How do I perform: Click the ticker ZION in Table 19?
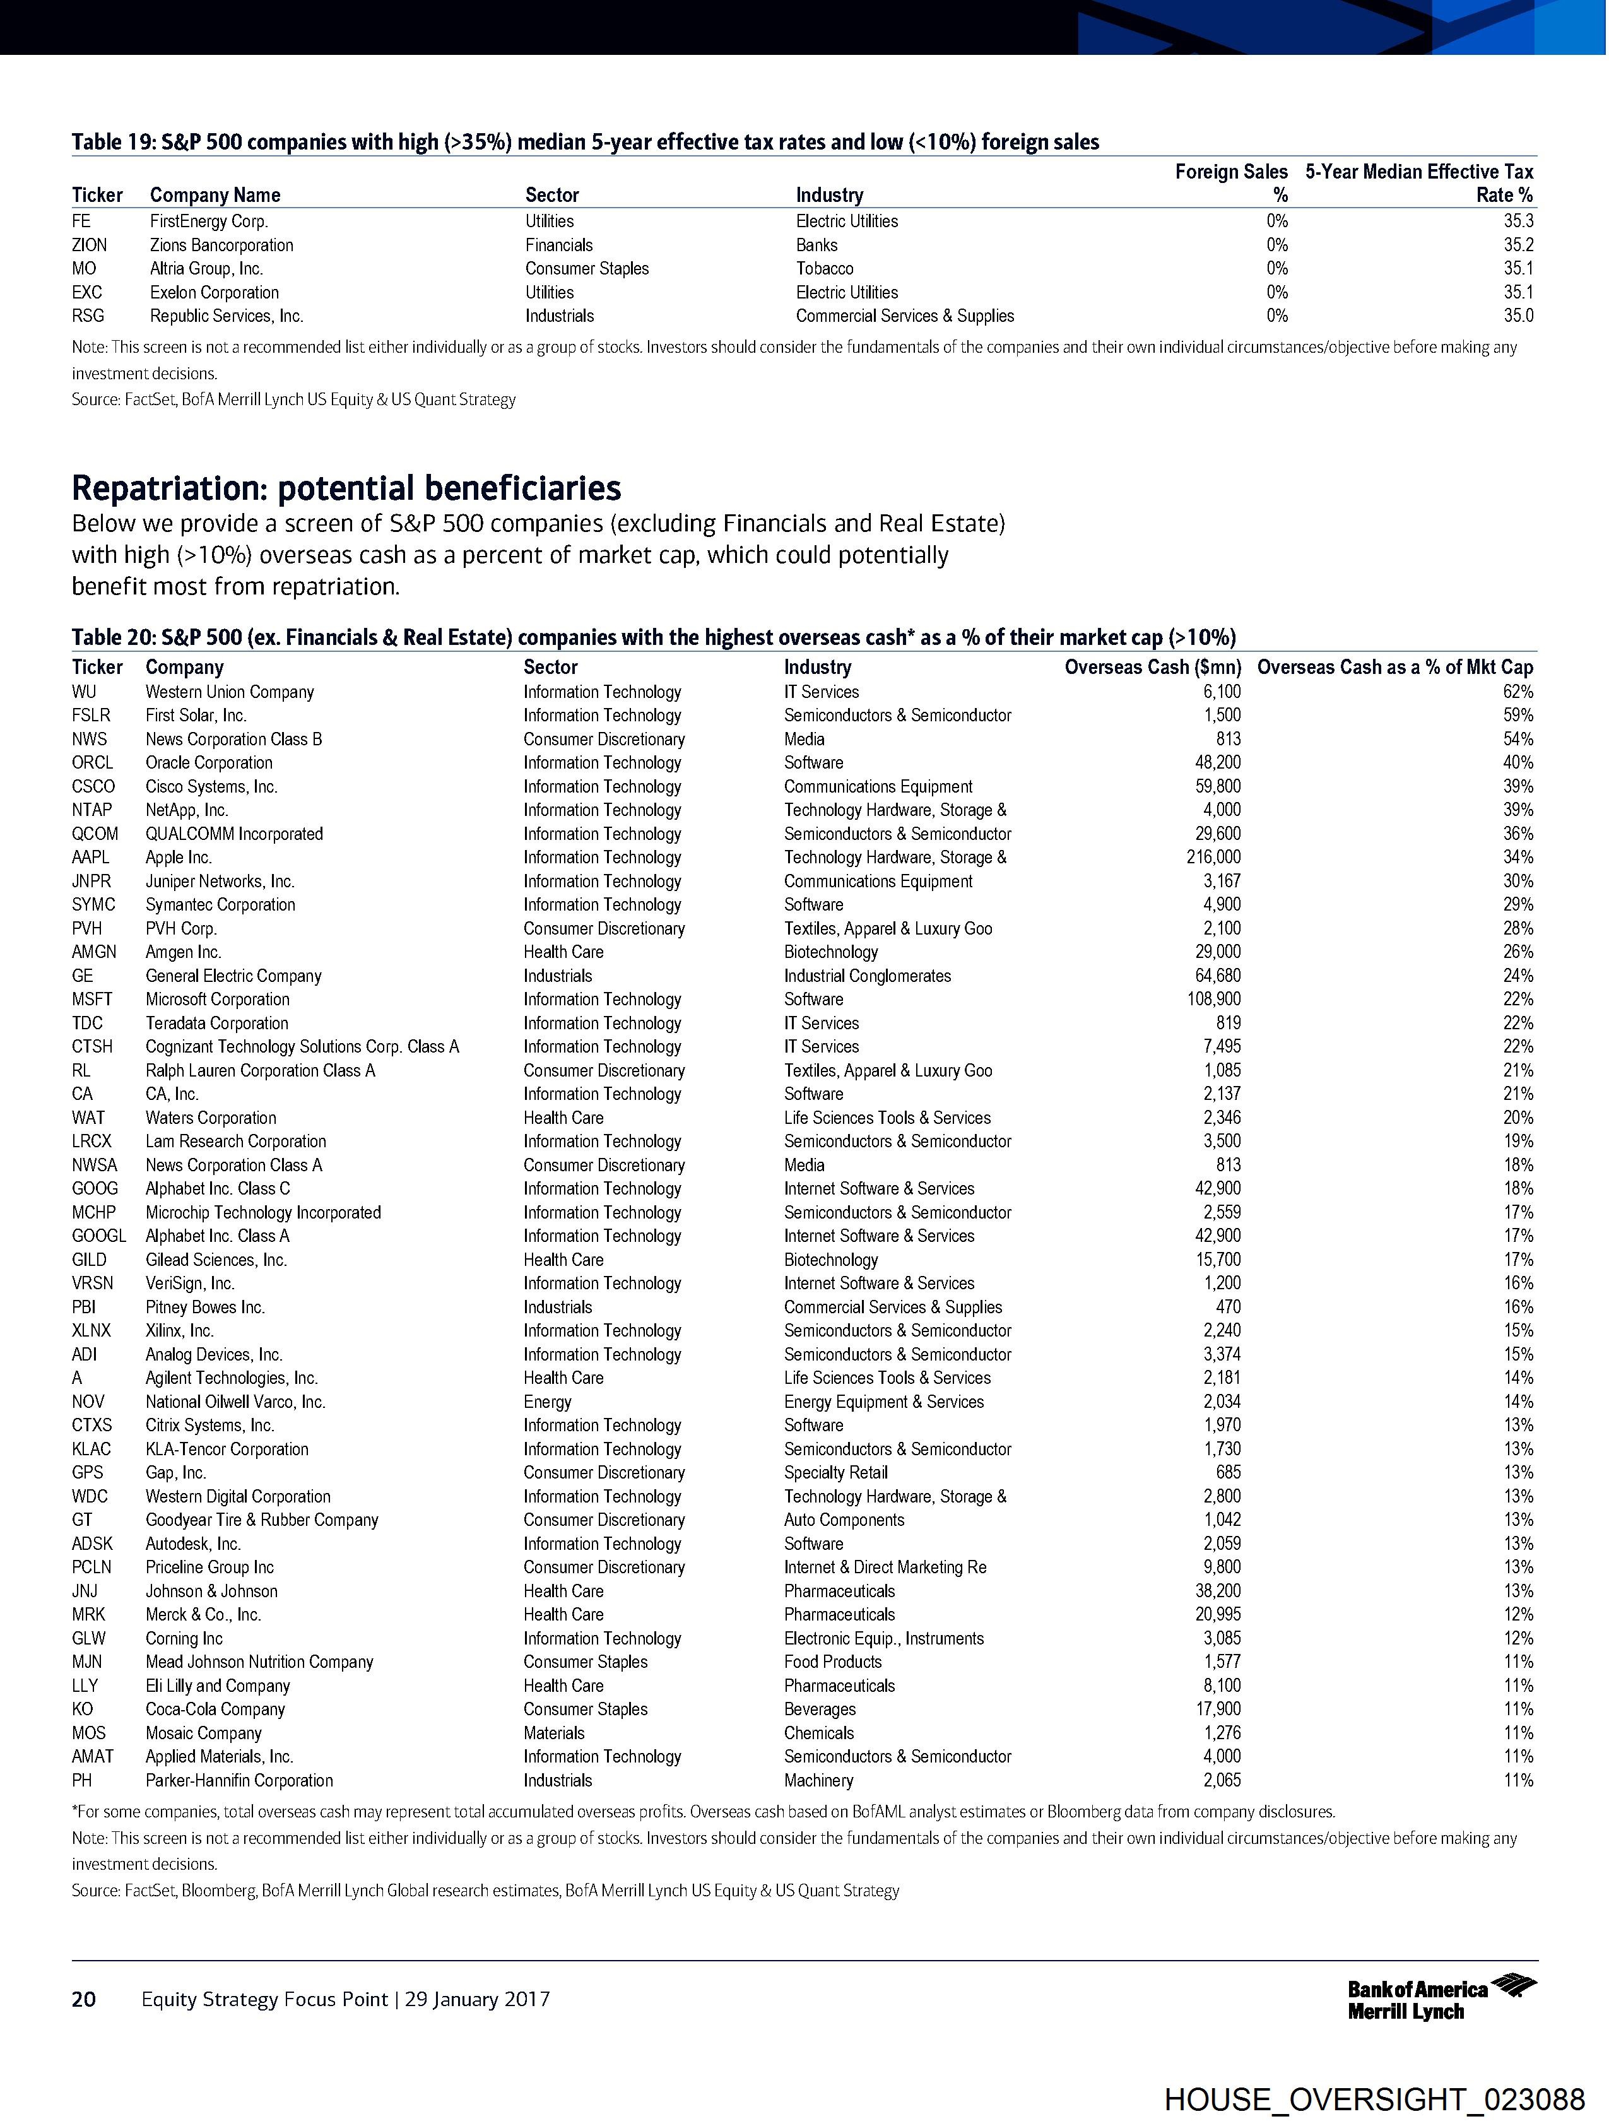pyautogui.click(x=90, y=245)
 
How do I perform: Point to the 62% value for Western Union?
pyautogui.click(x=1518, y=692)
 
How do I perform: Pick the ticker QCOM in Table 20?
pyautogui.click(x=94, y=833)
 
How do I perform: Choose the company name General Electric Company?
pyautogui.click(x=233, y=976)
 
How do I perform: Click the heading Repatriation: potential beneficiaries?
pyautogui.click(x=346, y=488)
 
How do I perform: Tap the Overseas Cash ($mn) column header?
pyautogui.click(x=1152, y=667)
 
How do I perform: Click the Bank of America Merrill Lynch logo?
pyautogui.click(x=1441, y=1999)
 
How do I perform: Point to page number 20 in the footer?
pyautogui.click(x=84, y=1999)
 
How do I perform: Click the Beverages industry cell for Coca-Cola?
pyautogui.click(x=819, y=1709)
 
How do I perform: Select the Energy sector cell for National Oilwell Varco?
pyautogui.click(x=547, y=1402)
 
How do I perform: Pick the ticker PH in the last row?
pyautogui.click(x=81, y=1780)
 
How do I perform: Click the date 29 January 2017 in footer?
pyautogui.click(x=477, y=1999)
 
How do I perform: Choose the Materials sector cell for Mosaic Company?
pyautogui.click(x=553, y=1733)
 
